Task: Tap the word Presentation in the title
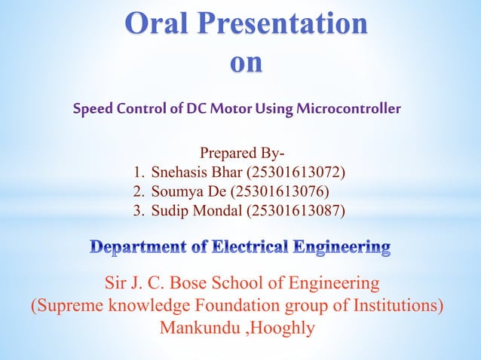(x=284, y=23)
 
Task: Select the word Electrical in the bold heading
(x=250, y=246)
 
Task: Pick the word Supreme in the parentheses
(x=67, y=307)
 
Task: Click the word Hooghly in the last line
(x=288, y=328)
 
